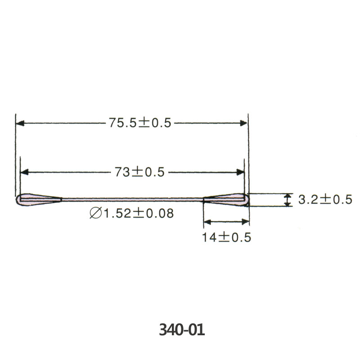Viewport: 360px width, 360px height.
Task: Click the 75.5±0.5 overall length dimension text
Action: (x=140, y=122)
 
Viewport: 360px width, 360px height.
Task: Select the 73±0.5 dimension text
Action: (x=139, y=172)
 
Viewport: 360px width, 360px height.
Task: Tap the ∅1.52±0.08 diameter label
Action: (x=131, y=213)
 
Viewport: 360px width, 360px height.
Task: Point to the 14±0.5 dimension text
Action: (x=227, y=237)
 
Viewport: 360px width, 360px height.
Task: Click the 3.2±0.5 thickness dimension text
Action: (x=325, y=199)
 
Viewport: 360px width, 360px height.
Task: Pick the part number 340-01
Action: (x=182, y=330)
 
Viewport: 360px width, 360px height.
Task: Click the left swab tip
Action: (x=39, y=199)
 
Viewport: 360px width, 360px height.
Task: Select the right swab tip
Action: (x=226, y=199)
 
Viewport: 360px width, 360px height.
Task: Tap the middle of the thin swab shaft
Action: (x=132, y=199)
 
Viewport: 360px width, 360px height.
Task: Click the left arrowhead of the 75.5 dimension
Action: (x=20, y=123)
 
